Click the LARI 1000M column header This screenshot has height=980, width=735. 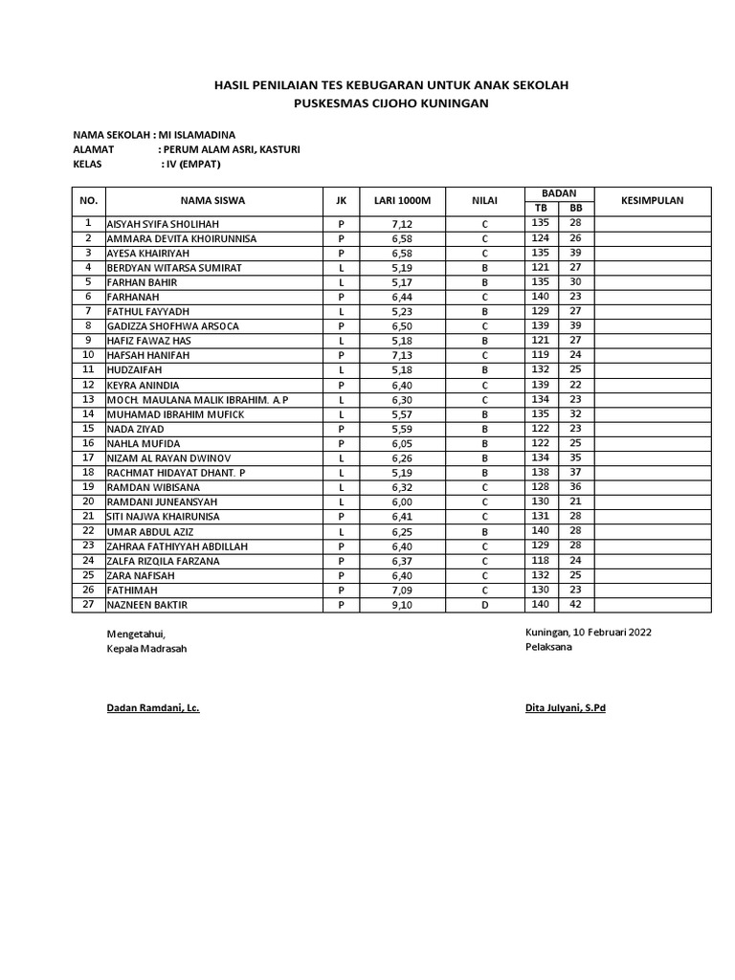pyautogui.click(x=401, y=201)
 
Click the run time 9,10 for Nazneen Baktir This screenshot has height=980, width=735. pyautogui.click(x=401, y=605)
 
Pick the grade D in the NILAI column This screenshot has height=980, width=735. pyautogui.click(x=484, y=605)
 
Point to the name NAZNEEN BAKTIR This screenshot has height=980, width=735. pyautogui.click(x=146, y=605)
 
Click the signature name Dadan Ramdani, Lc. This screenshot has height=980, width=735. pyautogui.click(x=152, y=708)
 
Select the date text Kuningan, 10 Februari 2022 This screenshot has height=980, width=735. pyautogui.click(x=589, y=633)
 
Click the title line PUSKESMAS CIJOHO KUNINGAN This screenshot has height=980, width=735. pyautogui.click(x=390, y=102)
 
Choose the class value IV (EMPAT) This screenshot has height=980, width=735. pyautogui.click(x=193, y=164)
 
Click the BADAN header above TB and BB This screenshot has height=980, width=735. pyautogui.click(x=559, y=193)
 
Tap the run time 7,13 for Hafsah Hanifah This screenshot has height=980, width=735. pyautogui.click(x=401, y=355)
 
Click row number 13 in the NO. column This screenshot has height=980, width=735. pyautogui.click(x=88, y=399)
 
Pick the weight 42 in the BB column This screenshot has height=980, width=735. pyautogui.click(x=575, y=605)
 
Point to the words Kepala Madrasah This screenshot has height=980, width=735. pyautogui.click(x=146, y=648)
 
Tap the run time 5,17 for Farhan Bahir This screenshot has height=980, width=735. pyautogui.click(x=401, y=282)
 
